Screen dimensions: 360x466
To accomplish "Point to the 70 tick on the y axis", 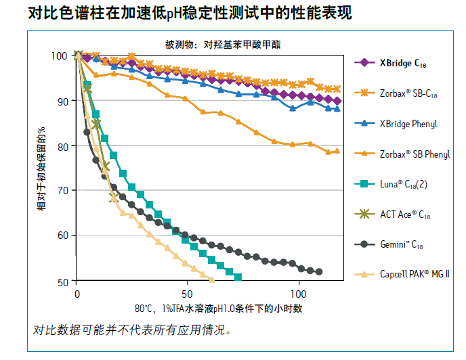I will pyautogui.click(x=62, y=191).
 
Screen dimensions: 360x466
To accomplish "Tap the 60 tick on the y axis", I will pyautogui.click(x=62, y=235).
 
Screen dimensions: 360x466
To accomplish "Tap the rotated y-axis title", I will pyautogui.click(x=42, y=168).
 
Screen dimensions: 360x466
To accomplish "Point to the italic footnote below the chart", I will pyautogui.click(x=133, y=331).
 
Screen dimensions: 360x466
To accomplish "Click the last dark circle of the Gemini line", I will pyautogui.click(x=319, y=271).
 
